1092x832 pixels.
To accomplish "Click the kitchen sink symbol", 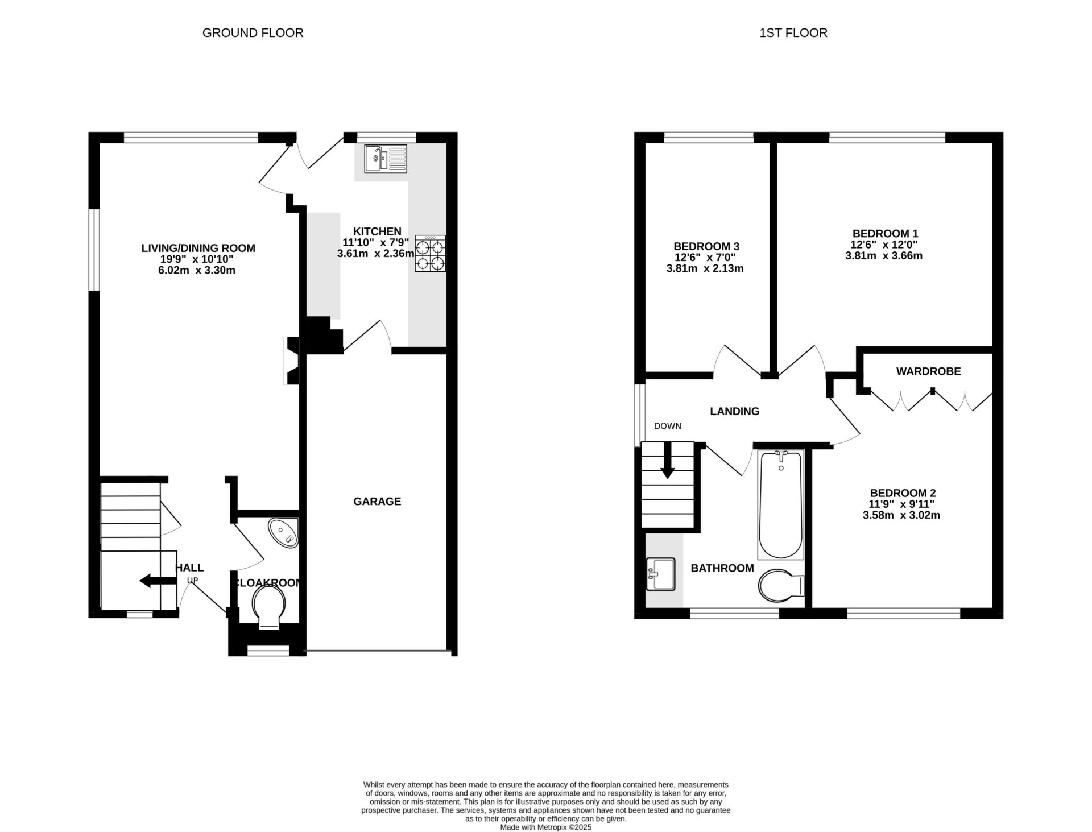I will pyautogui.click(x=386, y=158).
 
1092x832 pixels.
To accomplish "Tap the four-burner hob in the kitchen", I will pyautogui.click(x=430, y=254).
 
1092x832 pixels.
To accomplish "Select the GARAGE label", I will pyautogui.click(x=377, y=501).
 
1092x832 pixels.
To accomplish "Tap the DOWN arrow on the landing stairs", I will pyautogui.click(x=668, y=460).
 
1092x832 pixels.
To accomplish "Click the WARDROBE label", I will pyautogui.click(x=928, y=371).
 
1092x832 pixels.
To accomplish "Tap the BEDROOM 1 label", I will pyautogui.click(x=885, y=233).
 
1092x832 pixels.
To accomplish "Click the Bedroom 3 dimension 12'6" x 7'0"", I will pyautogui.click(x=706, y=257).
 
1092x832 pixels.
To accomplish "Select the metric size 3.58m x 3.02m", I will pyautogui.click(x=901, y=515).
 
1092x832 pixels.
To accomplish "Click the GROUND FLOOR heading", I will pyautogui.click(x=253, y=33).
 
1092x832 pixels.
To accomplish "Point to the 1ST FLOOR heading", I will pyautogui.click(x=793, y=33).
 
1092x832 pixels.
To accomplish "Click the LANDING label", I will pyautogui.click(x=734, y=411).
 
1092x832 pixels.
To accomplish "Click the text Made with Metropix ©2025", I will pyautogui.click(x=545, y=827).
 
